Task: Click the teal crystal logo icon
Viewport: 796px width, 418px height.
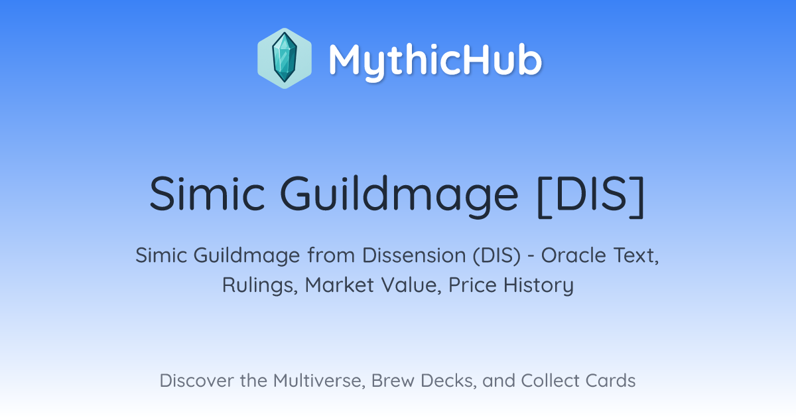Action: point(285,58)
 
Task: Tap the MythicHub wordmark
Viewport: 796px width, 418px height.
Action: point(436,60)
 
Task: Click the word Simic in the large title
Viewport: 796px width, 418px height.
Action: point(208,194)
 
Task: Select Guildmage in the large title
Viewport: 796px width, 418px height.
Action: point(399,196)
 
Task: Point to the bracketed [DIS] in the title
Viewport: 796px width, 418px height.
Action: point(591,196)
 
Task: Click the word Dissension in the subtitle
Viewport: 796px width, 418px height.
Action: point(414,255)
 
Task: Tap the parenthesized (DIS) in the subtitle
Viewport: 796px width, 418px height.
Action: point(496,256)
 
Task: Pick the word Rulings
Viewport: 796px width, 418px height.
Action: point(260,285)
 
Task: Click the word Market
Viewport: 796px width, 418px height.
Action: point(340,285)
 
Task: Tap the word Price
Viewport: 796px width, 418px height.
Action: point(472,285)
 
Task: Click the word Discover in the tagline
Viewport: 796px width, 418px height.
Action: point(196,381)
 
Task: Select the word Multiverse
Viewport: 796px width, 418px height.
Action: point(319,381)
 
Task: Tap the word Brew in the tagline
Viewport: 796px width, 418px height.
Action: point(393,381)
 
